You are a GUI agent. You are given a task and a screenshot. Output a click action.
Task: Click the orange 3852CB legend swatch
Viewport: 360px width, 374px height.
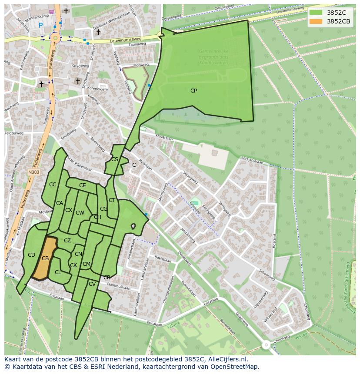point(316,21)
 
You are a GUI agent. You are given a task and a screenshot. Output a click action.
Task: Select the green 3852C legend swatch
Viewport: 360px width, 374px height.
point(316,12)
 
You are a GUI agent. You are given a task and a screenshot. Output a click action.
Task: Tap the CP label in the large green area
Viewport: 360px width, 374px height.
point(193,91)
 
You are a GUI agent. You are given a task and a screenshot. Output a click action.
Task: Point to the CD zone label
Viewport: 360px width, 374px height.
point(31,255)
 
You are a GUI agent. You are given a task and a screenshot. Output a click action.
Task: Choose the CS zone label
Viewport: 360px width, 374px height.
point(115,159)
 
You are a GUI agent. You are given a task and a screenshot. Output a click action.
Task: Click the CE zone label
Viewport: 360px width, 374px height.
point(82,185)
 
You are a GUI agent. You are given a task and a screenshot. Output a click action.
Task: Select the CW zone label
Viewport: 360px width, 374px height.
point(80,213)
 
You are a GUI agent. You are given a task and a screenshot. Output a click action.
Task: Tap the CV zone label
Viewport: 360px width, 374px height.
point(92,284)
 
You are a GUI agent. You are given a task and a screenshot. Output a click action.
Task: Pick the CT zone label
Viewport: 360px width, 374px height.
point(112,200)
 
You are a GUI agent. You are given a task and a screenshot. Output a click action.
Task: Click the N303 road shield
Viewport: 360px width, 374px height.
point(33,172)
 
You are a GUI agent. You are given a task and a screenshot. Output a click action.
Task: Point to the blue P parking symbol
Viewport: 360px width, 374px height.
point(41,26)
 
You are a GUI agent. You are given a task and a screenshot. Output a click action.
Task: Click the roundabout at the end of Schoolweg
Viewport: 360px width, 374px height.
point(266,345)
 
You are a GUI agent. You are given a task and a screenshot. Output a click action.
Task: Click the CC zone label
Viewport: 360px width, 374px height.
point(53,185)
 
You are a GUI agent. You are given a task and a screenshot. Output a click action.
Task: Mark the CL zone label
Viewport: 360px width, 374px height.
point(58,272)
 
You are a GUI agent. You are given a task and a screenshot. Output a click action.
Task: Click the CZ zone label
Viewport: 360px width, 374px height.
point(67,241)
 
